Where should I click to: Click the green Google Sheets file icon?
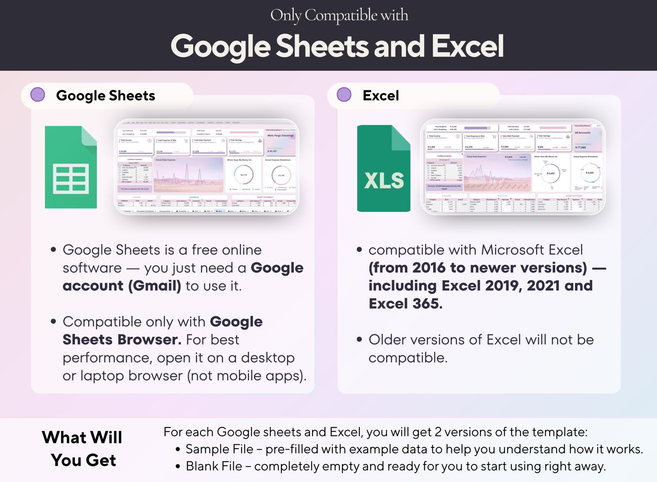coord(71,167)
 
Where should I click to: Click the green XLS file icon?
coord(383,168)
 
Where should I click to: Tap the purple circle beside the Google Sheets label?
coord(38,95)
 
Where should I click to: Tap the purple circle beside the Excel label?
coord(344,95)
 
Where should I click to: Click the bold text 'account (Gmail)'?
coord(122,286)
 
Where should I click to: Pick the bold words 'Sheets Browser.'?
coord(122,340)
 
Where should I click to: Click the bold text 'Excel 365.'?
coord(405,304)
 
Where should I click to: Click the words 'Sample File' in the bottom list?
coord(219,449)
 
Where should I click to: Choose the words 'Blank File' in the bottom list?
coord(214,466)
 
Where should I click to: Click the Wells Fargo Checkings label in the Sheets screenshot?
coord(280,136)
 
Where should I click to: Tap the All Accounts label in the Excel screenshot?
coord(582,133)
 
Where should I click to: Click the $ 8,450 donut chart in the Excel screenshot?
coord(550,173)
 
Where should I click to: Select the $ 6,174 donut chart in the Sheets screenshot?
coord(244,175)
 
